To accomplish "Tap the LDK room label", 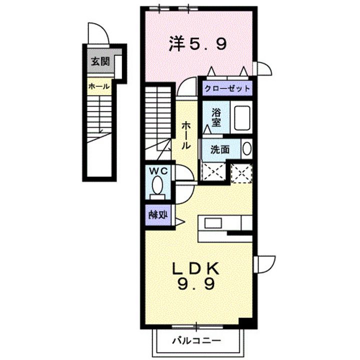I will [195, 269].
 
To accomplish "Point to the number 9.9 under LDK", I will [196, 285].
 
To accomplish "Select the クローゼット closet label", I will [226, 88].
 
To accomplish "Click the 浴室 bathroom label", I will [216, 117].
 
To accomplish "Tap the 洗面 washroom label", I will [219, 148].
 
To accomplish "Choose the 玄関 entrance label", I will [98, 62].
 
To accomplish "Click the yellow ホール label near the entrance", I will [98, 86].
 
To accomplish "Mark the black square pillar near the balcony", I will [245, 323].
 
